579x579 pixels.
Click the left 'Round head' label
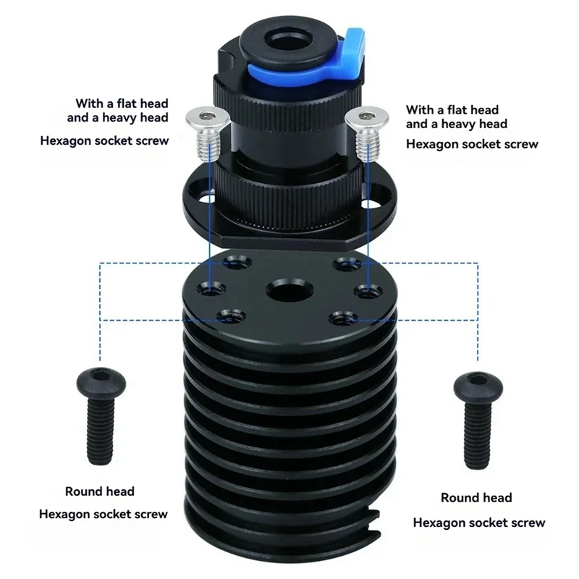pos(99,491)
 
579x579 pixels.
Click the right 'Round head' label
pos(476,498)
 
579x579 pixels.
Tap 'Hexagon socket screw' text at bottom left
pos(103,515)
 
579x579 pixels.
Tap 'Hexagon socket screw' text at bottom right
pos(479,523)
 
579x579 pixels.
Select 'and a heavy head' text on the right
pos(456,124)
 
